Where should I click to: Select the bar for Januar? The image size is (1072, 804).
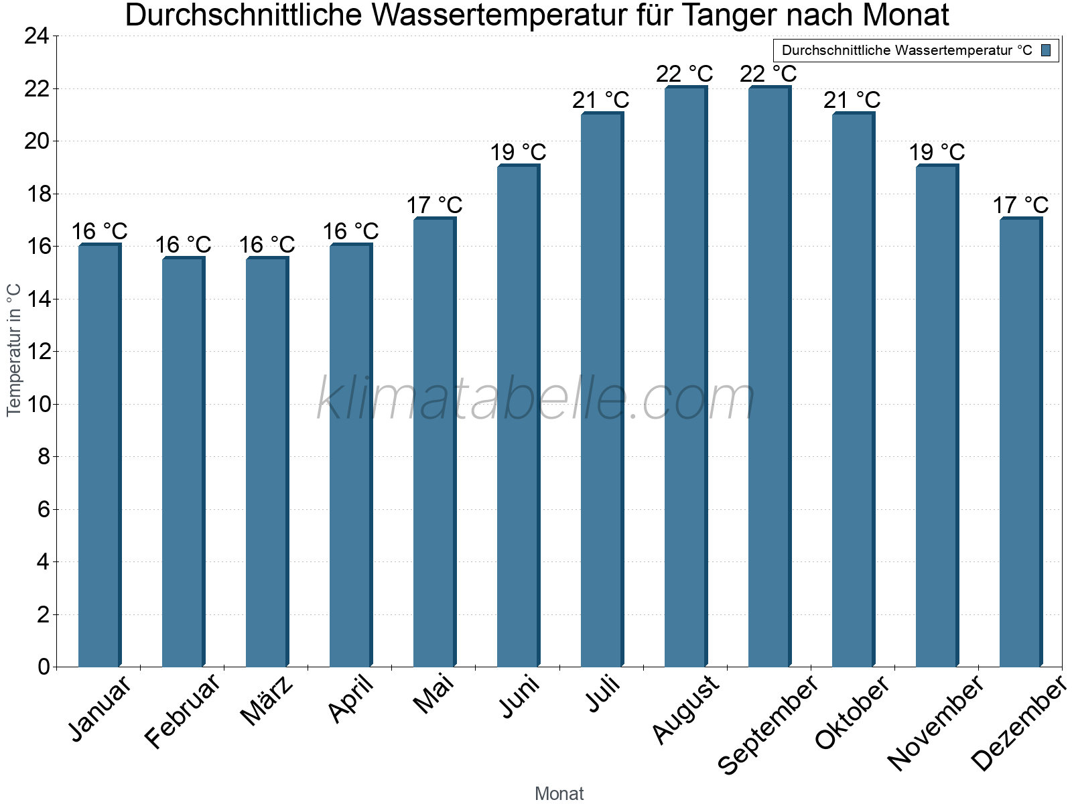[99, 456]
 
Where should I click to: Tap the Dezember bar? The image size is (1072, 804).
[1020, 442]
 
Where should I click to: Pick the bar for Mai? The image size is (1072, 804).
[434, 442]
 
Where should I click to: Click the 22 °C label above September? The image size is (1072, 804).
[768, 74]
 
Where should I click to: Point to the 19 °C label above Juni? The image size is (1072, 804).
[518, 153]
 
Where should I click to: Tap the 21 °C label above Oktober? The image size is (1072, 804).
[852, 100]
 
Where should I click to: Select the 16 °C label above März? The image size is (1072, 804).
[267, 245]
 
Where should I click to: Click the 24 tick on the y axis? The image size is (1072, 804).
[37, 36]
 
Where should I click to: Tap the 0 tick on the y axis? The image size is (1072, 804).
[44, 667]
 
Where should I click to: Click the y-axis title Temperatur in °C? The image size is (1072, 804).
[14, 350]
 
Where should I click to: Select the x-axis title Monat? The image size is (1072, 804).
[559, 794]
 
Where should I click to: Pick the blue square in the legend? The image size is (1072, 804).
[1046, 50]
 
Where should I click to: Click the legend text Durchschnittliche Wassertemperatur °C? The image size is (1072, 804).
[907, 50]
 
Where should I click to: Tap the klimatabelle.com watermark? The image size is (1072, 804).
[536, 400]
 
